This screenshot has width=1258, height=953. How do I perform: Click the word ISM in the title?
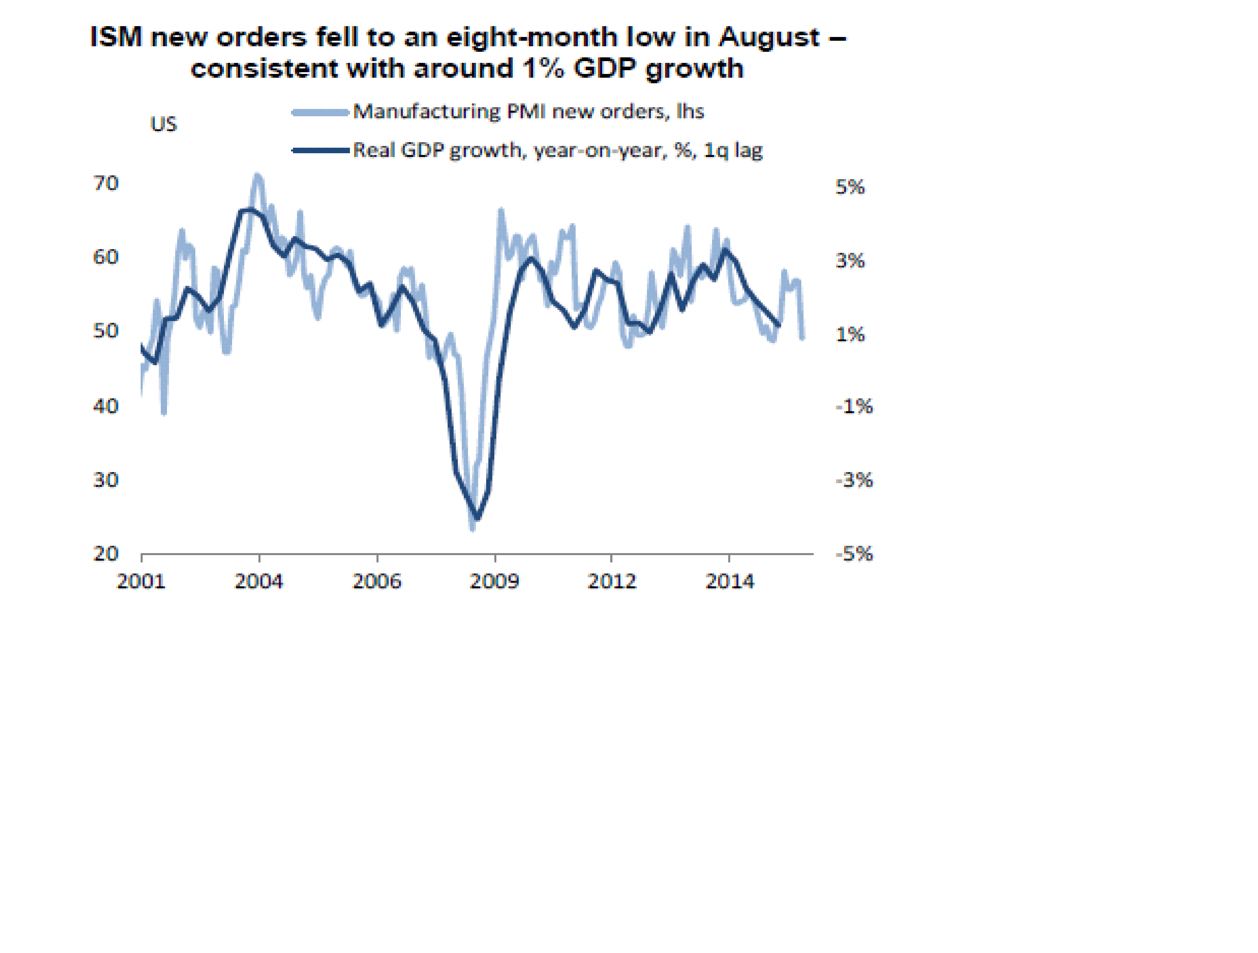click(x=116, y=37)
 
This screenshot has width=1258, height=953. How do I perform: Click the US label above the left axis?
click(x=163, y=124)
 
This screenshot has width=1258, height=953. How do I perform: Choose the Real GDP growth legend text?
click(x=557, y=150)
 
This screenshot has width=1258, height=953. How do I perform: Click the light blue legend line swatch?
click(x=320, y=112)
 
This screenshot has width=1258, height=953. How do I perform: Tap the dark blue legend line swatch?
click(x=320, y=151)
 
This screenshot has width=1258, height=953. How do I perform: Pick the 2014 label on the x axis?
click(x=730, y=581)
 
